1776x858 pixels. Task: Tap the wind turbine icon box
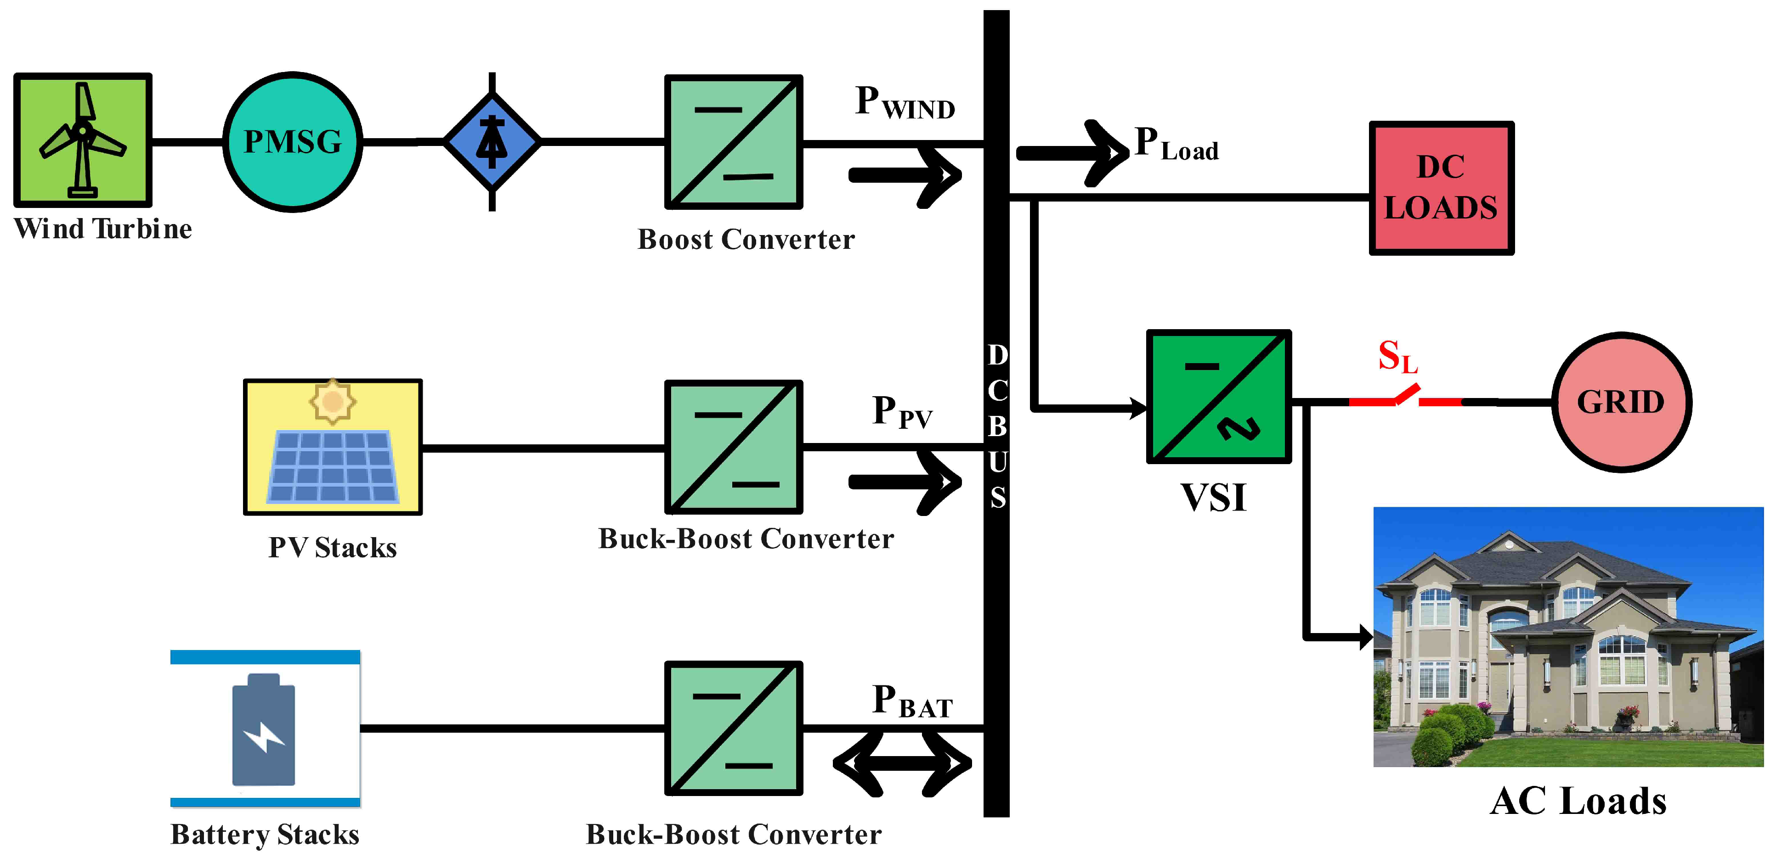(x=83, y=140)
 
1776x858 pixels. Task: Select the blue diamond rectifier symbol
(x=492, y=142)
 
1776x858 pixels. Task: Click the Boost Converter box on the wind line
(x=734, y=142)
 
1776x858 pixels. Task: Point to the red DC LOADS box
(x=1441, y=188)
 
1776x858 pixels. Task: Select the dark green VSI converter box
(x=1218, y=396)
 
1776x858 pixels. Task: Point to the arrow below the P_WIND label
(x=905, y=176)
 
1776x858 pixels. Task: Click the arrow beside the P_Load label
(x=1073, y=153)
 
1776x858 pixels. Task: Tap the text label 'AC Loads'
(x=1578, y=802)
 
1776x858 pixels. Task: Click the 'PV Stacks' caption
(x=332, y=548)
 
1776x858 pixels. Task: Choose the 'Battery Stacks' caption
(x=265, y=835)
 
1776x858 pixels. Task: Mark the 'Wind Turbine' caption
(x=103, y=229)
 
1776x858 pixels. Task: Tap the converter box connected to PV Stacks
(x=734, y=447)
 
